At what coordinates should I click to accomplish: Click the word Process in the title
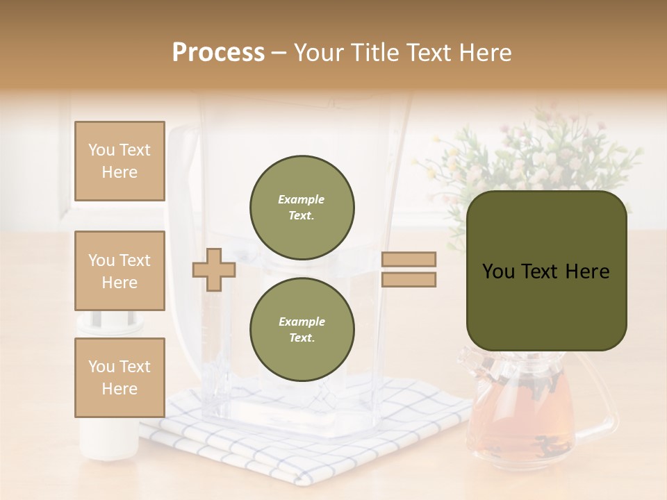pyautogui.click(x=218, y=53)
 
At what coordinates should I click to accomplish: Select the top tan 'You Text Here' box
pyautogui.click(x=120, y=161)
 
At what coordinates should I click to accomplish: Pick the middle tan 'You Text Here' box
pyautogui.click(x=120, y=271)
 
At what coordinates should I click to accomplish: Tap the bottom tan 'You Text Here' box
pyautogui.click(x=120, y=377)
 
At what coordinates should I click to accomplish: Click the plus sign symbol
pyautogui.click(x=213, y=269)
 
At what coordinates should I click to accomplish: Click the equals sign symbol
pyautogui.click(x=409, y=269)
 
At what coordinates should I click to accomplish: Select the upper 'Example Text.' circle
pyautogui.click(x=302, y=208)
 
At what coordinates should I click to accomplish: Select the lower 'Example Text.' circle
pyautogui.click(x=302, y=330)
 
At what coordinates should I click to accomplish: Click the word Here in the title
pyautogui.click(x=484, y=53)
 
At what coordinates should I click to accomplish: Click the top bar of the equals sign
pyautogui.click(x=409, y=260)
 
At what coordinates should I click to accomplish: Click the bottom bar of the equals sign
pyautogui.click(x=409, y=280)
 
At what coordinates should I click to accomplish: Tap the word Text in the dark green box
pyautogui.click(x=545, y=272)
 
